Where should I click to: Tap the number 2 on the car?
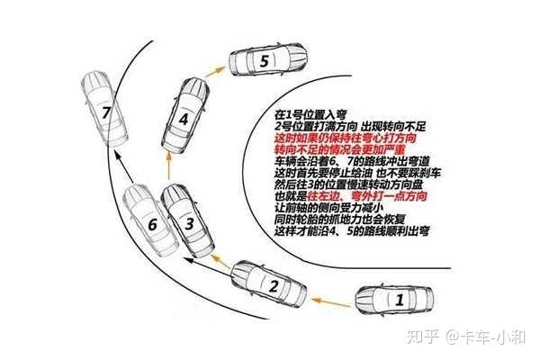coord(269,287)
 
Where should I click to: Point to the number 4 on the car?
coord(184,118)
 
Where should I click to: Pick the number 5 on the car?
coord(264,62)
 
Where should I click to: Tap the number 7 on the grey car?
coord(107,113)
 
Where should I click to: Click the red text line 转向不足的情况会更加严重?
coord(333,151)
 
